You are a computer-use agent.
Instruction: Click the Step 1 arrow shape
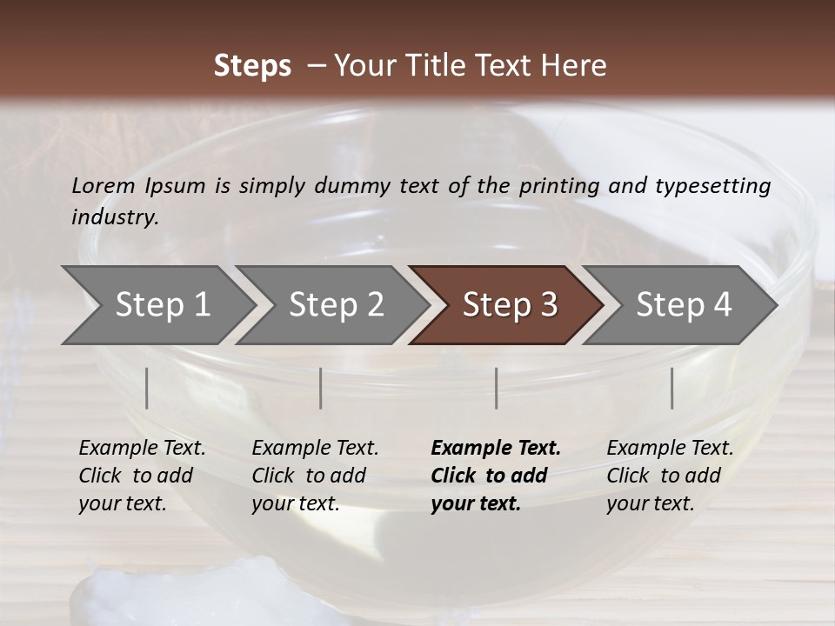point(161,305)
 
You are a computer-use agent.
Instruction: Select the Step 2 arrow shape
point(335,305)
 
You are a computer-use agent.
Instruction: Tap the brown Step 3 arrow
point(509,305)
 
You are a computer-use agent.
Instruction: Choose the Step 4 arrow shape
point(683,305)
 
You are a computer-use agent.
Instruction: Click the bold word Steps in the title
point(252,66)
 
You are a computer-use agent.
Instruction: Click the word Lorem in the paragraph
point(104,186)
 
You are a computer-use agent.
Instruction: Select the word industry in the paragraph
point(114,217)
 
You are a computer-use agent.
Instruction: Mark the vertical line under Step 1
point(147,388)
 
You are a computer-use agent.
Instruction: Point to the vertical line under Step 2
point(321,388)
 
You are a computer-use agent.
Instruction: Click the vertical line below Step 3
point(496,388)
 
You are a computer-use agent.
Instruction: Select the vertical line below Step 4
point(671,388)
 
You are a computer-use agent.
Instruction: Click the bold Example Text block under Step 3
point(495,476)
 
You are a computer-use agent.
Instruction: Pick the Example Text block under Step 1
point(142,476)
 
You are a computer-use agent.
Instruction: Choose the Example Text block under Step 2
point(315,476)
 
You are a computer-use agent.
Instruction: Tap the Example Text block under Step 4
point(670,476)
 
